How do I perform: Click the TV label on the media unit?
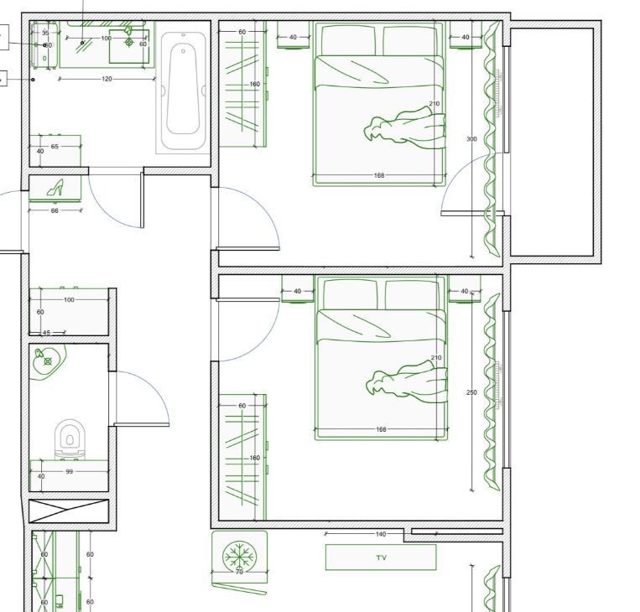(x=381, y=558)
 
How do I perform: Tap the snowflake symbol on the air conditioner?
(x=239, y=557)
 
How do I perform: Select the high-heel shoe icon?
(x=55, y=188)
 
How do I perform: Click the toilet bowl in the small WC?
(x=70, y=439)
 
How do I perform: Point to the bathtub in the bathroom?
(x=183, y=91)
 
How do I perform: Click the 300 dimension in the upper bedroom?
(x=471, y=138)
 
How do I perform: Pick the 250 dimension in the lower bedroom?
(x=471, y=392)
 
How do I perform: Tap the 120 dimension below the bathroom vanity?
(x=107, y=79)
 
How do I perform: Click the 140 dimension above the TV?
(x=381, y=534)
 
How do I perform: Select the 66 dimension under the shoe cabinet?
(x=55, y=210)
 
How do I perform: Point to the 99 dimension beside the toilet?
(x=70, y=472)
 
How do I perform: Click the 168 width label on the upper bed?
(x=379, y=175)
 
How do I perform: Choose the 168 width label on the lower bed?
(x=381, y=429)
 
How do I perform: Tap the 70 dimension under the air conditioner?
(x=239, y=572)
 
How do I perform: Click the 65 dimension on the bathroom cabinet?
(x=55, y=147)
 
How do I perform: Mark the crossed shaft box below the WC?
(x=69, y=511)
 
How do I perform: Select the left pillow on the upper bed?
(x=349, y=40)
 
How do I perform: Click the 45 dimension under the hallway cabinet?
(x=46, y=333)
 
